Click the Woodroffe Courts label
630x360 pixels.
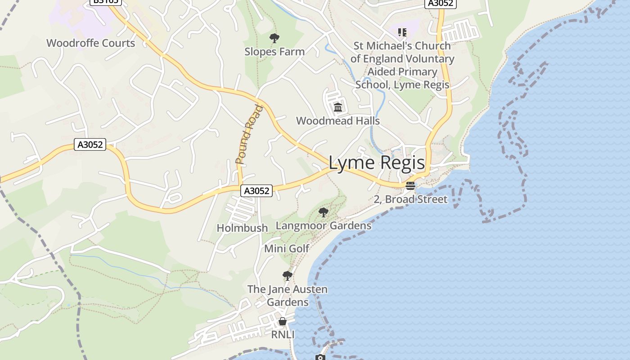point(90,43)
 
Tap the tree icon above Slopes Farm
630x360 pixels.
point(274,38)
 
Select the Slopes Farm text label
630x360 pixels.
point(274,52)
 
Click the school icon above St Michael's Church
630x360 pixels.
point(402,32)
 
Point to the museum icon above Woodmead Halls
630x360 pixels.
point(338,108)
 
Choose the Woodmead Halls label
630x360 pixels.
point(338,121)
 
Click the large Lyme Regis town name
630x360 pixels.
point(377,163)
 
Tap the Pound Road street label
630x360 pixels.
point(249,134)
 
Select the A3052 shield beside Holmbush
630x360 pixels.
point(256,191)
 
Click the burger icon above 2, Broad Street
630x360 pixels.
point(410,186)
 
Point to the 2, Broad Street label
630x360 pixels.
point(410,199)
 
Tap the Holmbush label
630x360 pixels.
point(242,228)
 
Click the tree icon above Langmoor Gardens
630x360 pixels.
point(323,212)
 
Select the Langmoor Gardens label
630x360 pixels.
point(324,225)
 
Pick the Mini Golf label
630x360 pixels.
point(287,248)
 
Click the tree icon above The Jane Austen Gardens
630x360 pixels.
point(287,275)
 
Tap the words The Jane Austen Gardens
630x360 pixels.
point(288,296)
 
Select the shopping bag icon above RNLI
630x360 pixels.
point(283,321)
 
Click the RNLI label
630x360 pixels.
point(283,335)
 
